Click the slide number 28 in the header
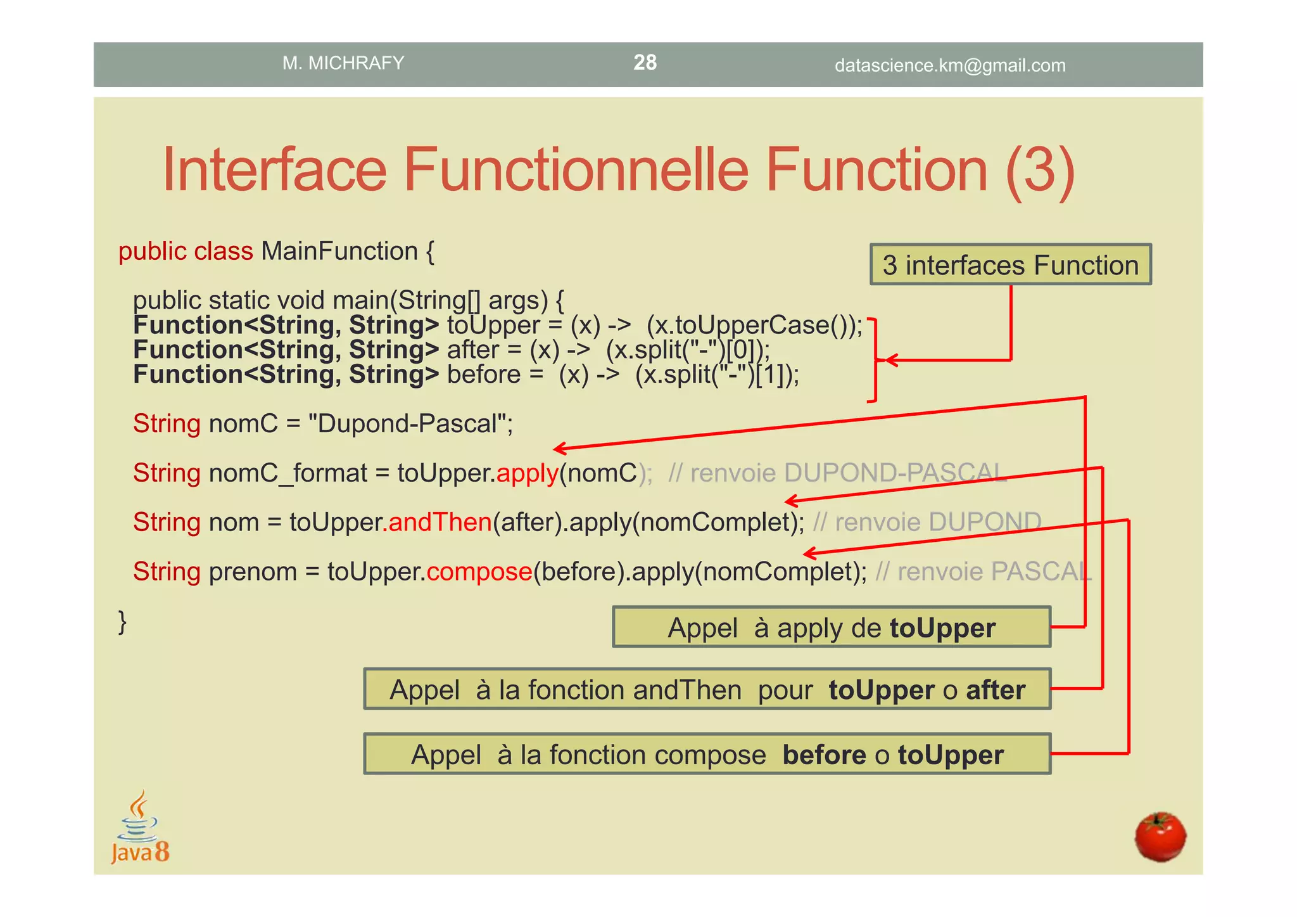[645, 62]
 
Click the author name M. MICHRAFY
[343, 63]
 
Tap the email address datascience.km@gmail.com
[949, 65]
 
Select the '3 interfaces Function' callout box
[1010, 265]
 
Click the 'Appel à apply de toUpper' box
[831, 627]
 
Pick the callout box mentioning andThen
[707, 689]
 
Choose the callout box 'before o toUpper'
[707, 754]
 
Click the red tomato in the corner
[1160, 837]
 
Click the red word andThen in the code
[440, 522]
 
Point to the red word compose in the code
[479, 572]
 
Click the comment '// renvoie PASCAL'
[984, 572]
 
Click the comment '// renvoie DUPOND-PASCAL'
[837, 473]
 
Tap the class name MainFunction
[339, 251]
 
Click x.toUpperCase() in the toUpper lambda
[750, 325]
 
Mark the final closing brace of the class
[123, 622]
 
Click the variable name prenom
[253, 572]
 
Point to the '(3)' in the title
[1039, 169]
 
